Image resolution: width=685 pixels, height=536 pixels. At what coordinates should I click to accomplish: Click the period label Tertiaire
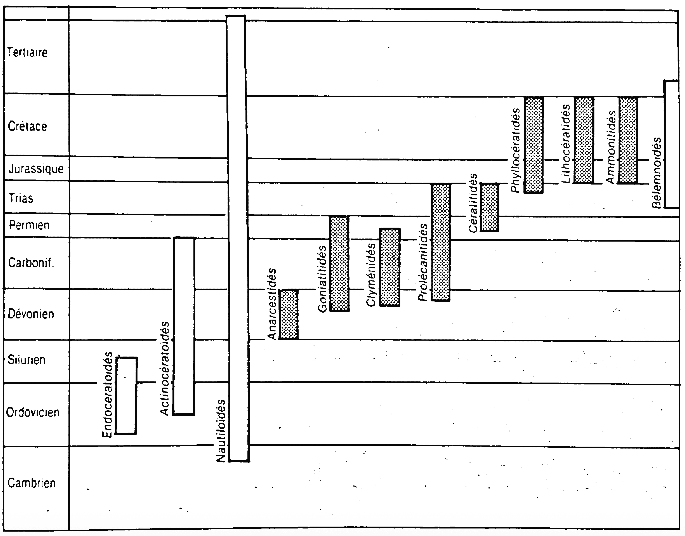pos(27,52)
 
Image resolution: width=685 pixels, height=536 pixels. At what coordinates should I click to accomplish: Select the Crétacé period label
pos(27,126)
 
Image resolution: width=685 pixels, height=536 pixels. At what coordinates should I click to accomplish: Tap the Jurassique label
pos(36,169)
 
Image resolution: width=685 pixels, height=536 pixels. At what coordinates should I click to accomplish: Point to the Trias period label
pos(21,198)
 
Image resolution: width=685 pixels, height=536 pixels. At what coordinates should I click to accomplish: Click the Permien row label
pos(29,225)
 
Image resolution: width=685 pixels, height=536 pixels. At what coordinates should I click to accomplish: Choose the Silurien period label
pos(27,360)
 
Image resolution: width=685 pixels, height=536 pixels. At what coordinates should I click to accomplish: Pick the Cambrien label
pos(31,483)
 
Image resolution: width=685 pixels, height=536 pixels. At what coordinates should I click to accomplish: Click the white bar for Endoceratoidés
pos(126,395)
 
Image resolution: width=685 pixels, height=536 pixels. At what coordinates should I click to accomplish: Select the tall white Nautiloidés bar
pos(237,239)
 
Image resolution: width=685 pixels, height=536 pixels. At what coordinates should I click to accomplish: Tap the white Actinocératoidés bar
pos(184,326)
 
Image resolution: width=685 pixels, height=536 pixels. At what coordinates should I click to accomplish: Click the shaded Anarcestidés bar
pos(288,315)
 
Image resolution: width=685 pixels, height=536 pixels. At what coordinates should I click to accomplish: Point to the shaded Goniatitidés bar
pos(340,264)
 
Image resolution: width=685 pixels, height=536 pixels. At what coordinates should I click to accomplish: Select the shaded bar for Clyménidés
pos(390,267)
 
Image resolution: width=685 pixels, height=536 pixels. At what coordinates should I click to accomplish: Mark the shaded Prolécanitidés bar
pos(441,242)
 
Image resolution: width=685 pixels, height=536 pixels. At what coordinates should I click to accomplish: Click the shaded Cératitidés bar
pos(489,208)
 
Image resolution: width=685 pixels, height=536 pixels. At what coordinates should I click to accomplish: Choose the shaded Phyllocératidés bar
pos(534,145)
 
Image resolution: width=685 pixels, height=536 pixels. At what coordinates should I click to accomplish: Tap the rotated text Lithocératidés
pos(565,144)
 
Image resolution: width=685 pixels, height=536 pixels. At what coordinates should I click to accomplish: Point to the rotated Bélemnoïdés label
pos(656,173)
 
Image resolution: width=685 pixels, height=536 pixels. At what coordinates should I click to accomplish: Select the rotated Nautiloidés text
pos(221,431)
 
